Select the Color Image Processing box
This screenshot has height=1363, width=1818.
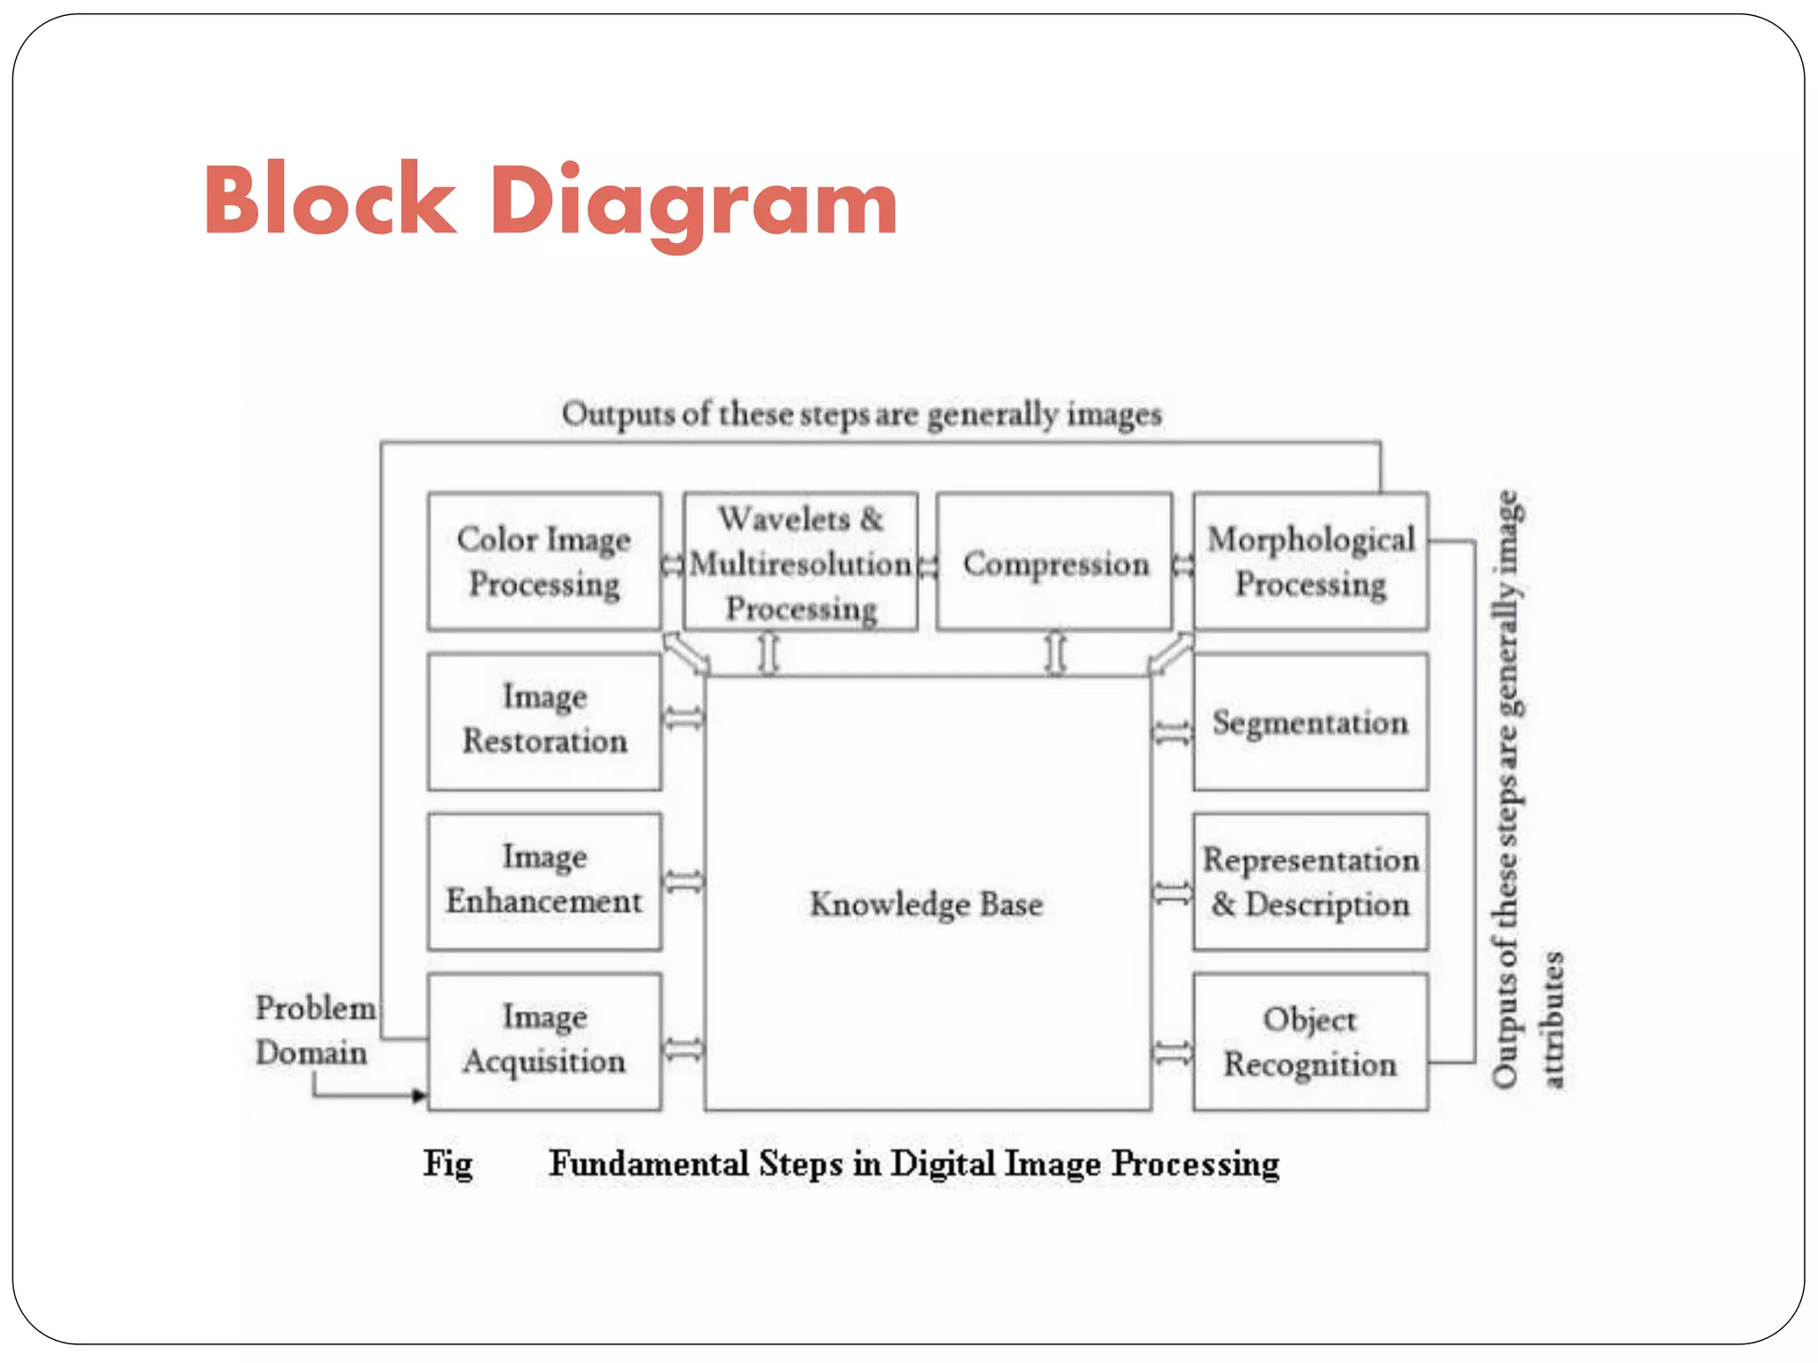tap(544, 562)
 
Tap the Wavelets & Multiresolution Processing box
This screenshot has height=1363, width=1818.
tap(801, 562)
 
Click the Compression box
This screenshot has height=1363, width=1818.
tap(1055, 562)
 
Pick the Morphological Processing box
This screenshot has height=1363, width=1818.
tap(1310, 562)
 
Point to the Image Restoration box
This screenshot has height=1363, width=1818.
tap(544, 721)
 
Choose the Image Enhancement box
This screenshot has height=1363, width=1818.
tap(544, 880)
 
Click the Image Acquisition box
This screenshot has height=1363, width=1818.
tap(544, 1040)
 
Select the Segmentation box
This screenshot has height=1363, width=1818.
tap(1310, 721)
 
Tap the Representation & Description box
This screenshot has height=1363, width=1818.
tap(1310, 881)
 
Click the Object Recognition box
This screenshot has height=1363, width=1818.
tap(1310, 1041)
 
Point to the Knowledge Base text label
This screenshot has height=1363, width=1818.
tap(926, 904)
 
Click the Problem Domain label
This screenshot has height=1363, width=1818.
tap(313, 1030)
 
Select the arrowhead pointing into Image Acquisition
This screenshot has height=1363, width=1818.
tap(419, 1096)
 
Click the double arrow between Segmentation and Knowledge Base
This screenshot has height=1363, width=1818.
tap(1172, 733)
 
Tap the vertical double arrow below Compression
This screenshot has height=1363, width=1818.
tap(1055, 653)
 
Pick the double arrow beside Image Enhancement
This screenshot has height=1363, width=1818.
tap(684, 881)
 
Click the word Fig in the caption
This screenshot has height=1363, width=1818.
tap(447, 1163)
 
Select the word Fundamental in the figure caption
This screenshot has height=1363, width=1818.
tap(649, 1163)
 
